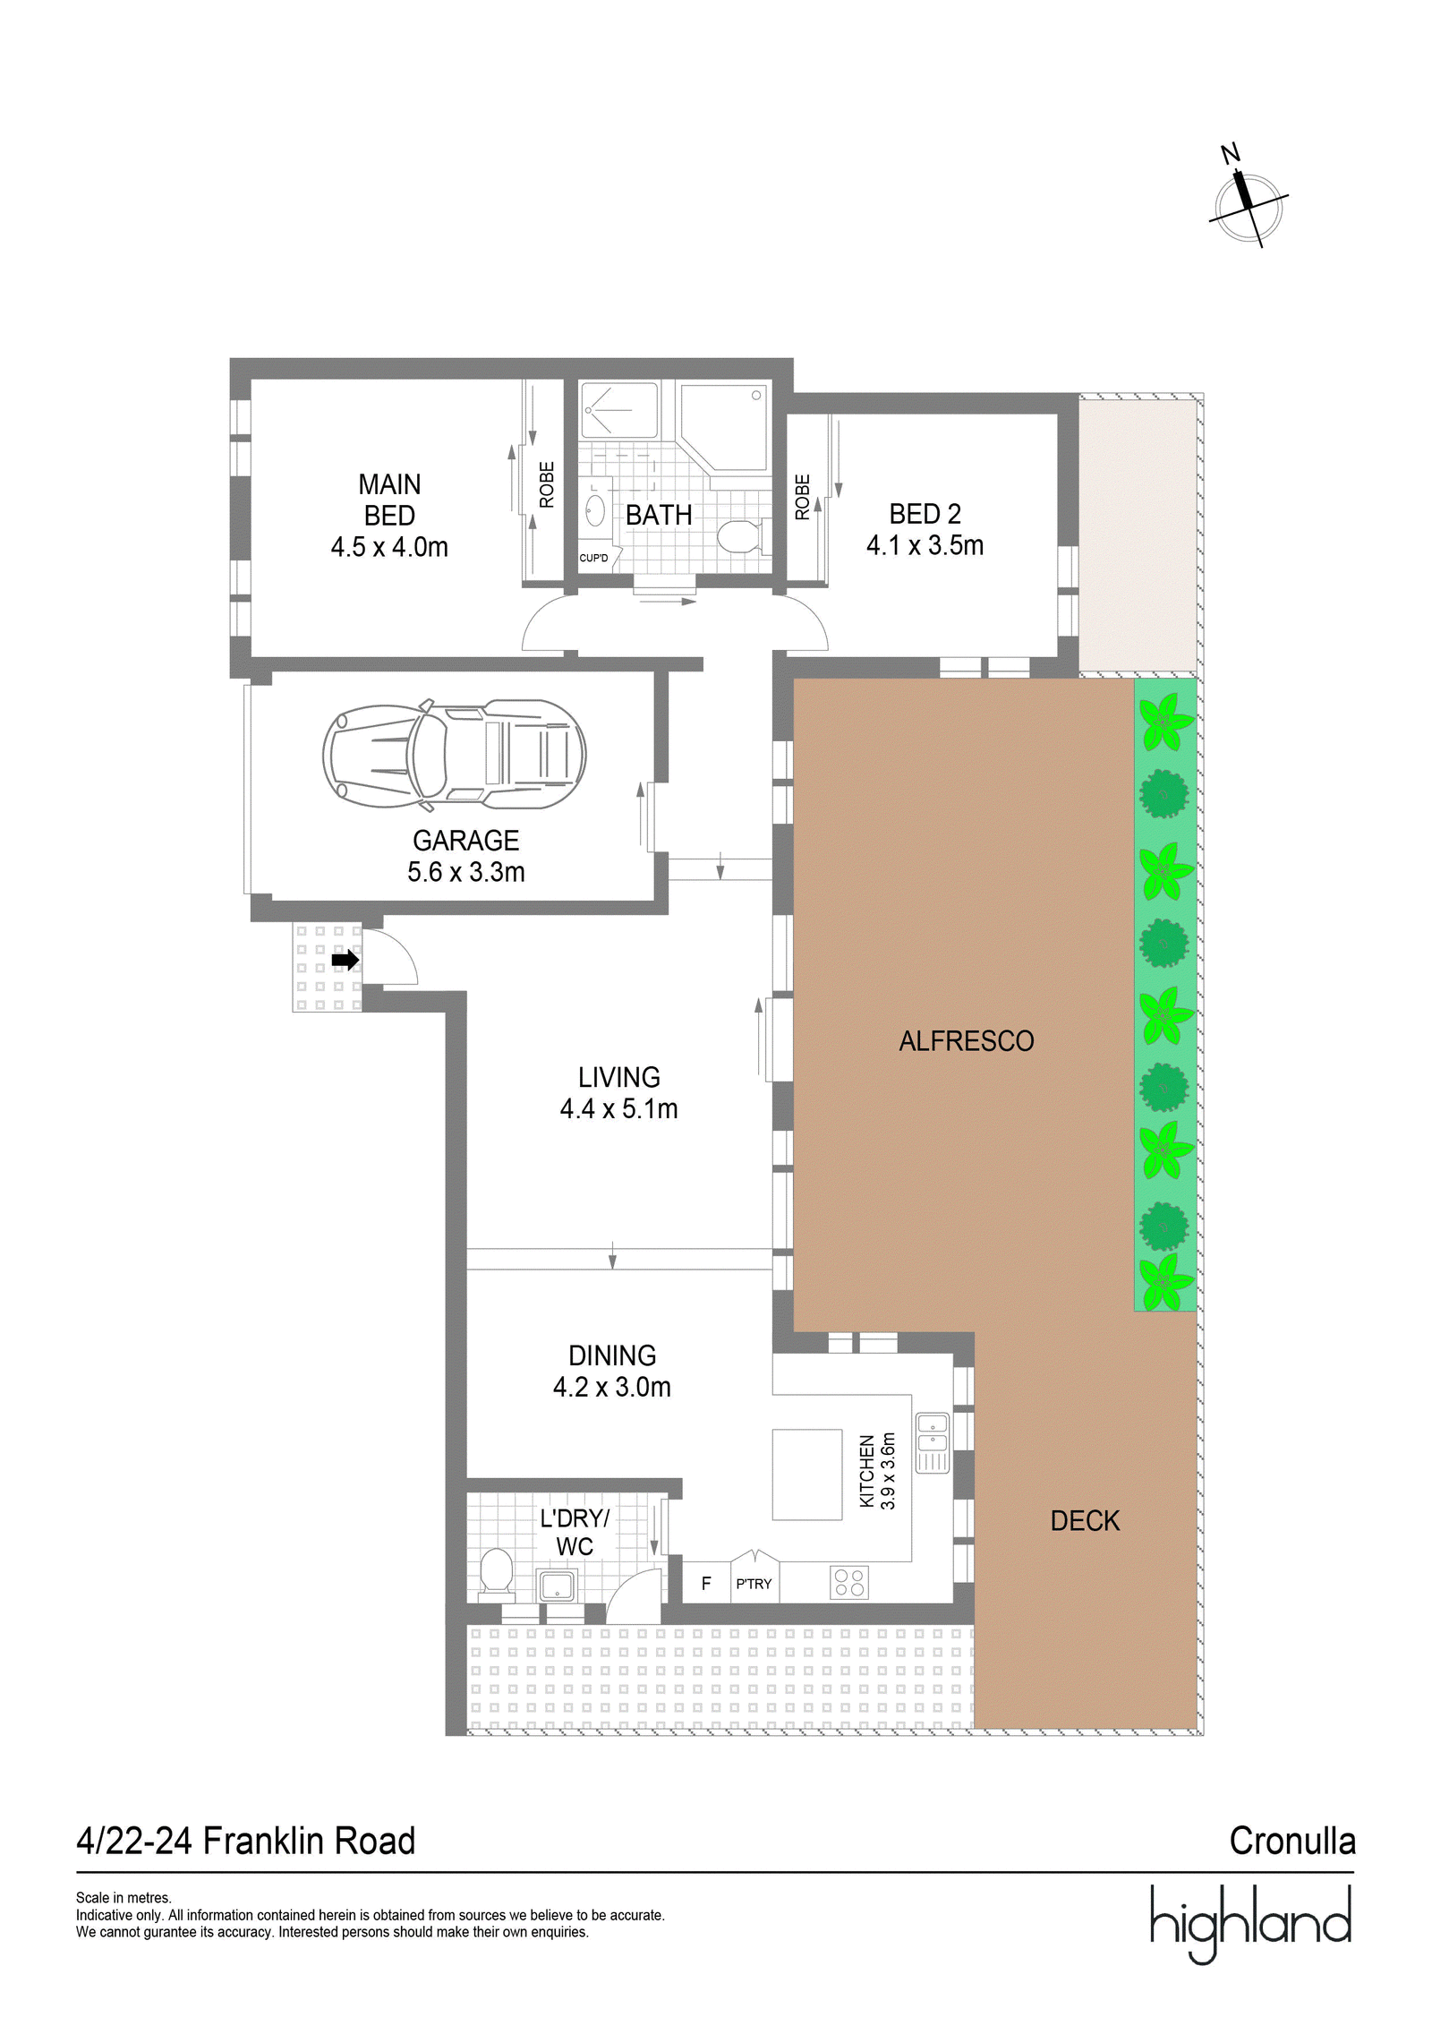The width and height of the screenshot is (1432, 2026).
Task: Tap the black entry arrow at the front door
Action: pos(345,961)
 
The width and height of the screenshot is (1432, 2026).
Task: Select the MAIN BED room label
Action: pos(389,500)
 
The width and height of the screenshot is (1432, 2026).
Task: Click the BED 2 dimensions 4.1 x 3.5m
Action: pos(925,545)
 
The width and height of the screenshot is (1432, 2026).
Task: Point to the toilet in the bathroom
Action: pos(738,536)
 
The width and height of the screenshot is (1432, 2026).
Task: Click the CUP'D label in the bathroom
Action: pos(593,558)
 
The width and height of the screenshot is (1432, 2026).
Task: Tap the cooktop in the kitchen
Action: pos(848,1583)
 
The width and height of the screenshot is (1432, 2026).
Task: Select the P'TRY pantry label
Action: pos(754,1584)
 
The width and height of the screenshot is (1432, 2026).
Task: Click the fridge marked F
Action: pos(706,1583)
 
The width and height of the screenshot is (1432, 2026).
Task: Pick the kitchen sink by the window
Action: pos(932,1442)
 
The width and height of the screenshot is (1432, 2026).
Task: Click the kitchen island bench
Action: pos(807,1475)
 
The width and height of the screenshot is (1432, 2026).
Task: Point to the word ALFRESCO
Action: pos(967,1041)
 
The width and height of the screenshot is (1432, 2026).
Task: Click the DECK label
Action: pos(1085,1521)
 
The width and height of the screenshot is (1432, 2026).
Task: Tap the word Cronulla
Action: pos(1292,1841)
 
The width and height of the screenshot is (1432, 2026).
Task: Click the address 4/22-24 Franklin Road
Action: pos(246,1841)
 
